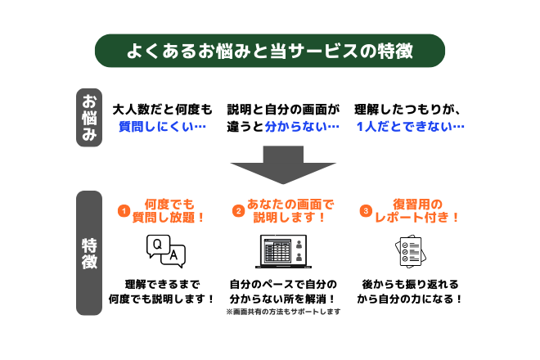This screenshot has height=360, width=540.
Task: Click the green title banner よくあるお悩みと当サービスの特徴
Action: tap(270, 50)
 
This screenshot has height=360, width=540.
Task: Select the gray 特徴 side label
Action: tap(88, 254)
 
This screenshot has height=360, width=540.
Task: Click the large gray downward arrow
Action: tap(270, 163)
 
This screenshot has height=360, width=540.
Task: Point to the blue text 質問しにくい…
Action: tap(162, 127)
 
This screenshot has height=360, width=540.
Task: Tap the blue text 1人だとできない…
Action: tap(409, 127)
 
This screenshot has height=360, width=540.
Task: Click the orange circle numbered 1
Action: tap(123, 211)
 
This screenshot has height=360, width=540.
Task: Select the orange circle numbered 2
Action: tap(239, 211)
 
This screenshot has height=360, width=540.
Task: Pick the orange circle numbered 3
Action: tap(366, 211)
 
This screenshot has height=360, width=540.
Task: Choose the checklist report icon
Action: tap(408, 252)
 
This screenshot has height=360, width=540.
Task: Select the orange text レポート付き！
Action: tap(416, 218)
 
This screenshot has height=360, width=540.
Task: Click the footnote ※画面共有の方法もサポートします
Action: tap(282, 313)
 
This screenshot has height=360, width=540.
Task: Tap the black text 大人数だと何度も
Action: tap(162, 109)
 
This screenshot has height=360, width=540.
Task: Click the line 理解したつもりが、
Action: tap(409, 109)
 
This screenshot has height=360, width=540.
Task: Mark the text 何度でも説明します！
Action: tap(162, 299)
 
